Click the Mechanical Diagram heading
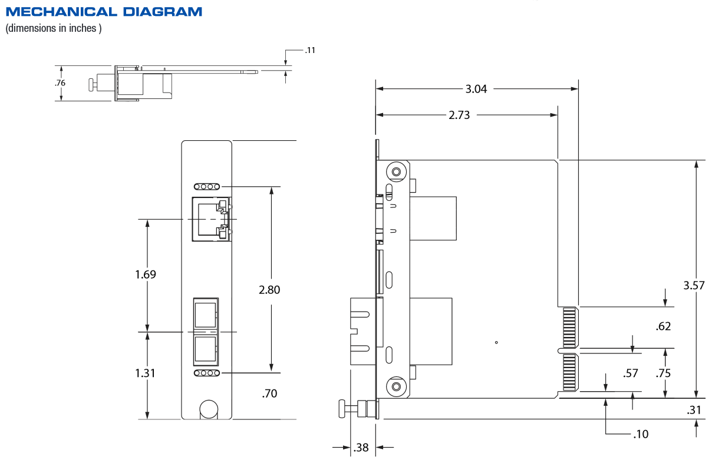click(x=104, y=12)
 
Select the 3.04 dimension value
click(x=476, y=89)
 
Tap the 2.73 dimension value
click(x=459, y=115)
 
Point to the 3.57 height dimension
click(x=694, y=286)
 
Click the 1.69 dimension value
click(x=145, y=275)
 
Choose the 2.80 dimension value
click(x=269, y=289)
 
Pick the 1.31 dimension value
click(x=145, y=373)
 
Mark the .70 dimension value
click(x=269, y=393)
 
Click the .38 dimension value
click(x=360, y=448)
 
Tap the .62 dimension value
click(x=663, y=326)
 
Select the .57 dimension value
click(x=631, y=373)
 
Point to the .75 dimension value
click(x=663, y=373)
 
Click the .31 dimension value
click(x=694, y=411)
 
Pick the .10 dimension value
click(x=640, y=434)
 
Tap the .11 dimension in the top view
click(x=310, y=50)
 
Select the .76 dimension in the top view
click(x=60, y=83)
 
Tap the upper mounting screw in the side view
click(x=396, y=172)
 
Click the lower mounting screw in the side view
click(x=396, y=386)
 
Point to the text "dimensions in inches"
click(x=54, y=28)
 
